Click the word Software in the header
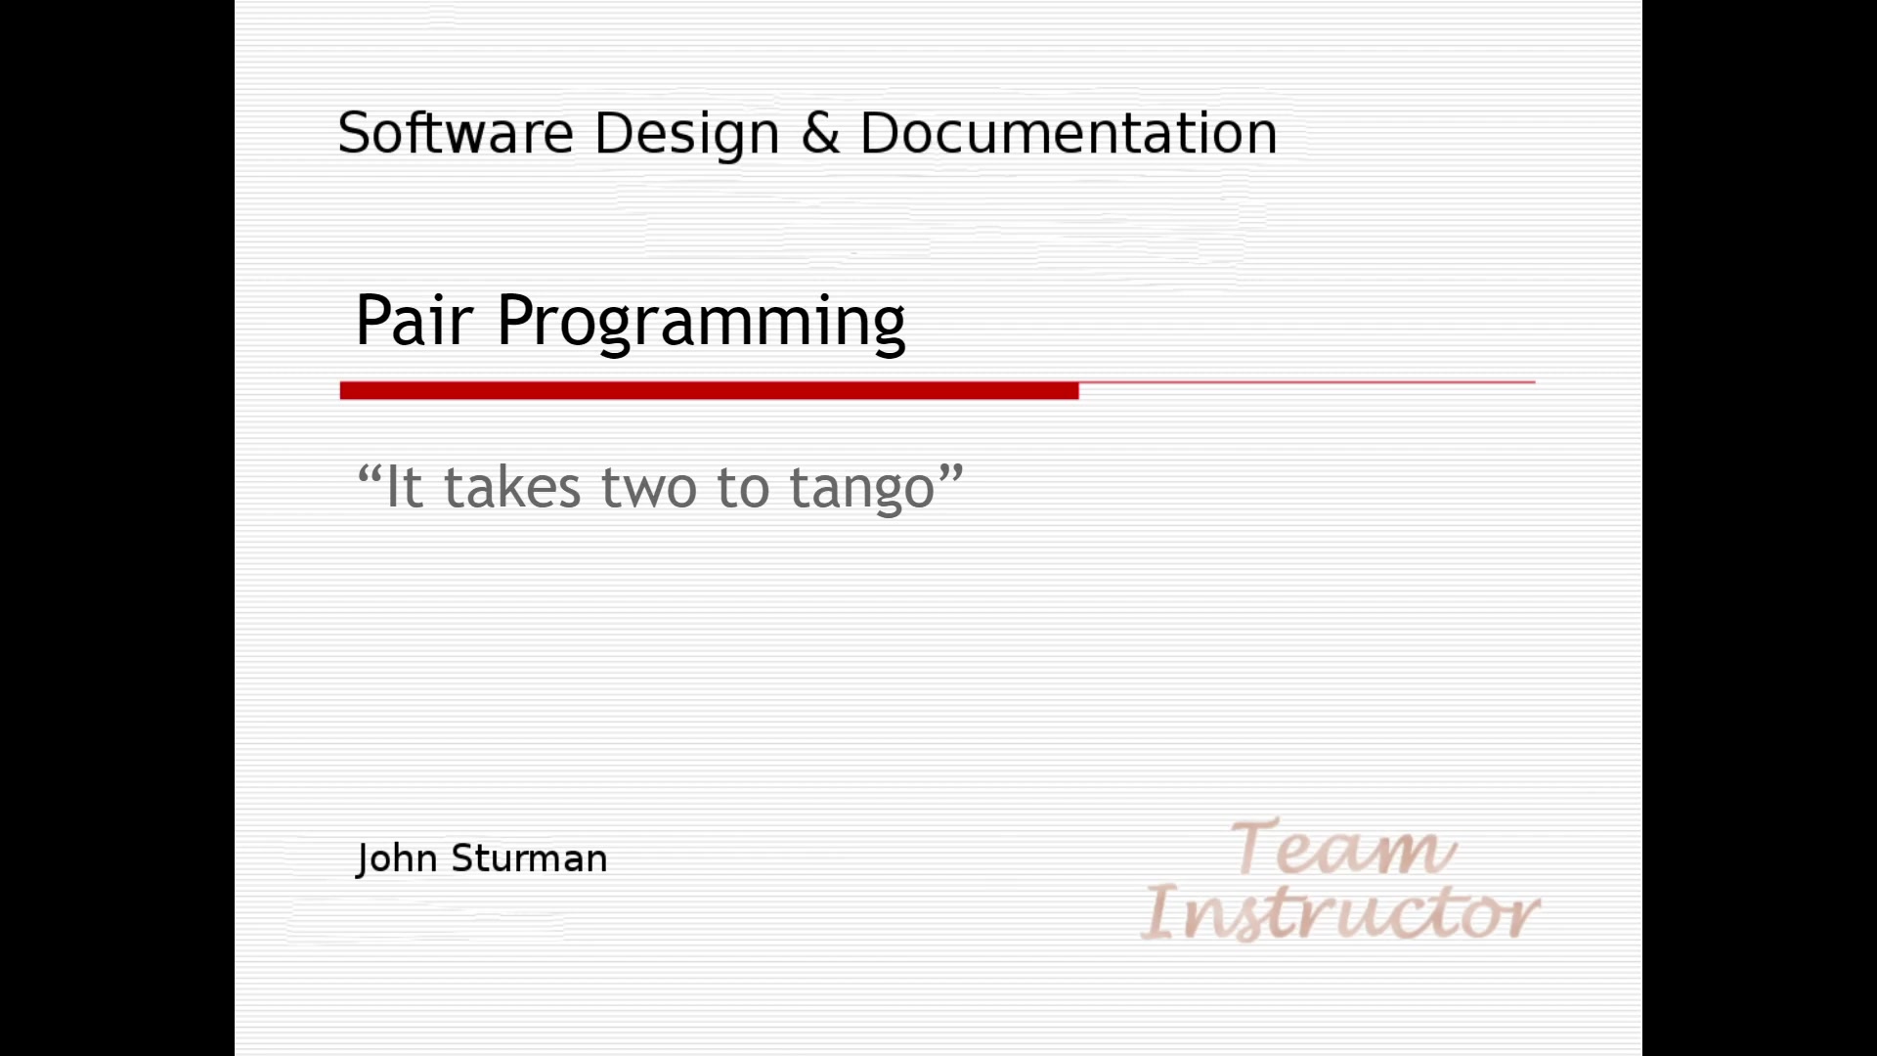(x=455, y=133)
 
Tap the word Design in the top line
(x=686, y=135)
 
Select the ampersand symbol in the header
(x=820, y=134)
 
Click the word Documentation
(x=1069, y=133)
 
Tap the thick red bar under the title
(x=709, y=391)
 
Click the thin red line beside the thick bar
(x=1306, y=382)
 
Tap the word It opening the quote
(x=404, y=487)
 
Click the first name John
(x=396, y=858)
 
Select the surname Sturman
(x=529, y=858)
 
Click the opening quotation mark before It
(x=369, y=475)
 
